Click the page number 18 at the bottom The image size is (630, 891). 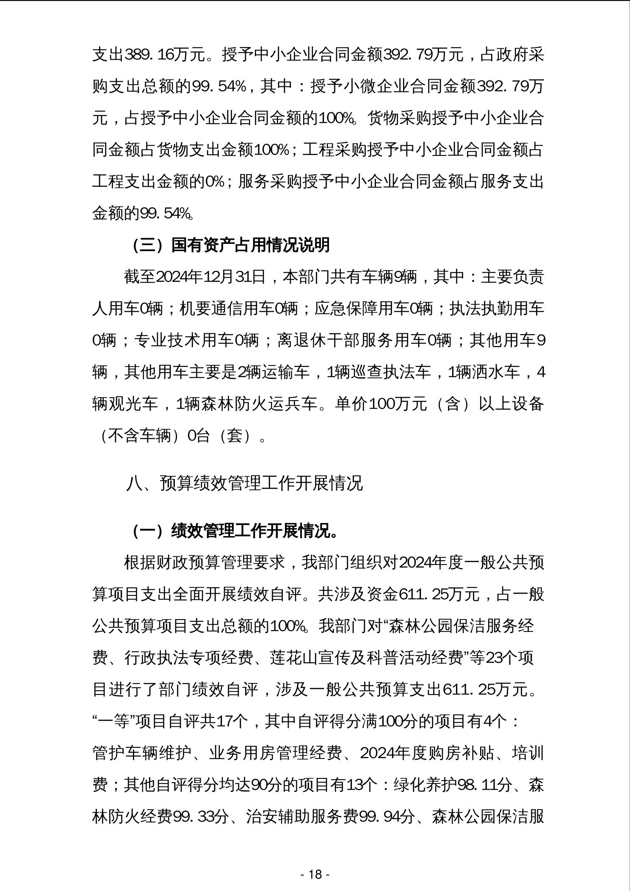pyautogui.click(x=315, y=874)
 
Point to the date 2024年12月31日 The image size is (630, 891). pyautogui.click(x=211, y=277)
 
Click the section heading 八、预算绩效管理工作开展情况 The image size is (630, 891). pyautogui.click(x=244, y=483)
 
